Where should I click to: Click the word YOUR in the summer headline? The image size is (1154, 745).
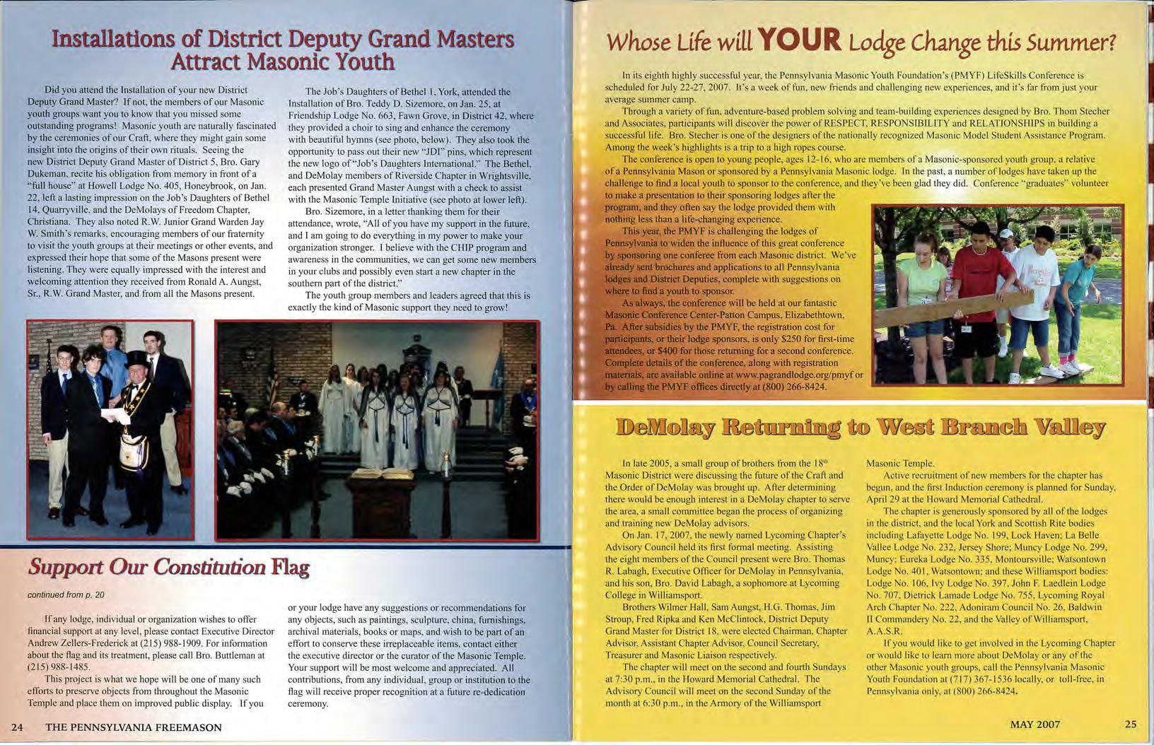(x=798, y=42)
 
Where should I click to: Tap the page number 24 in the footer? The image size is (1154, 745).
(x=18, y=727)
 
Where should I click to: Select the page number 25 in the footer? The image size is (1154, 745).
(x=1130, y=724)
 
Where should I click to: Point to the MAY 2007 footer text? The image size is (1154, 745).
(x=1034, y=724)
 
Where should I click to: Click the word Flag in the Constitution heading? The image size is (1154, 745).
(x=291, y=568)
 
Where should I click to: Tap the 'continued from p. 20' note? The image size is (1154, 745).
(x=66, y=595)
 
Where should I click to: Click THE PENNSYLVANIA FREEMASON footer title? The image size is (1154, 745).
(x=134, y=727)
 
